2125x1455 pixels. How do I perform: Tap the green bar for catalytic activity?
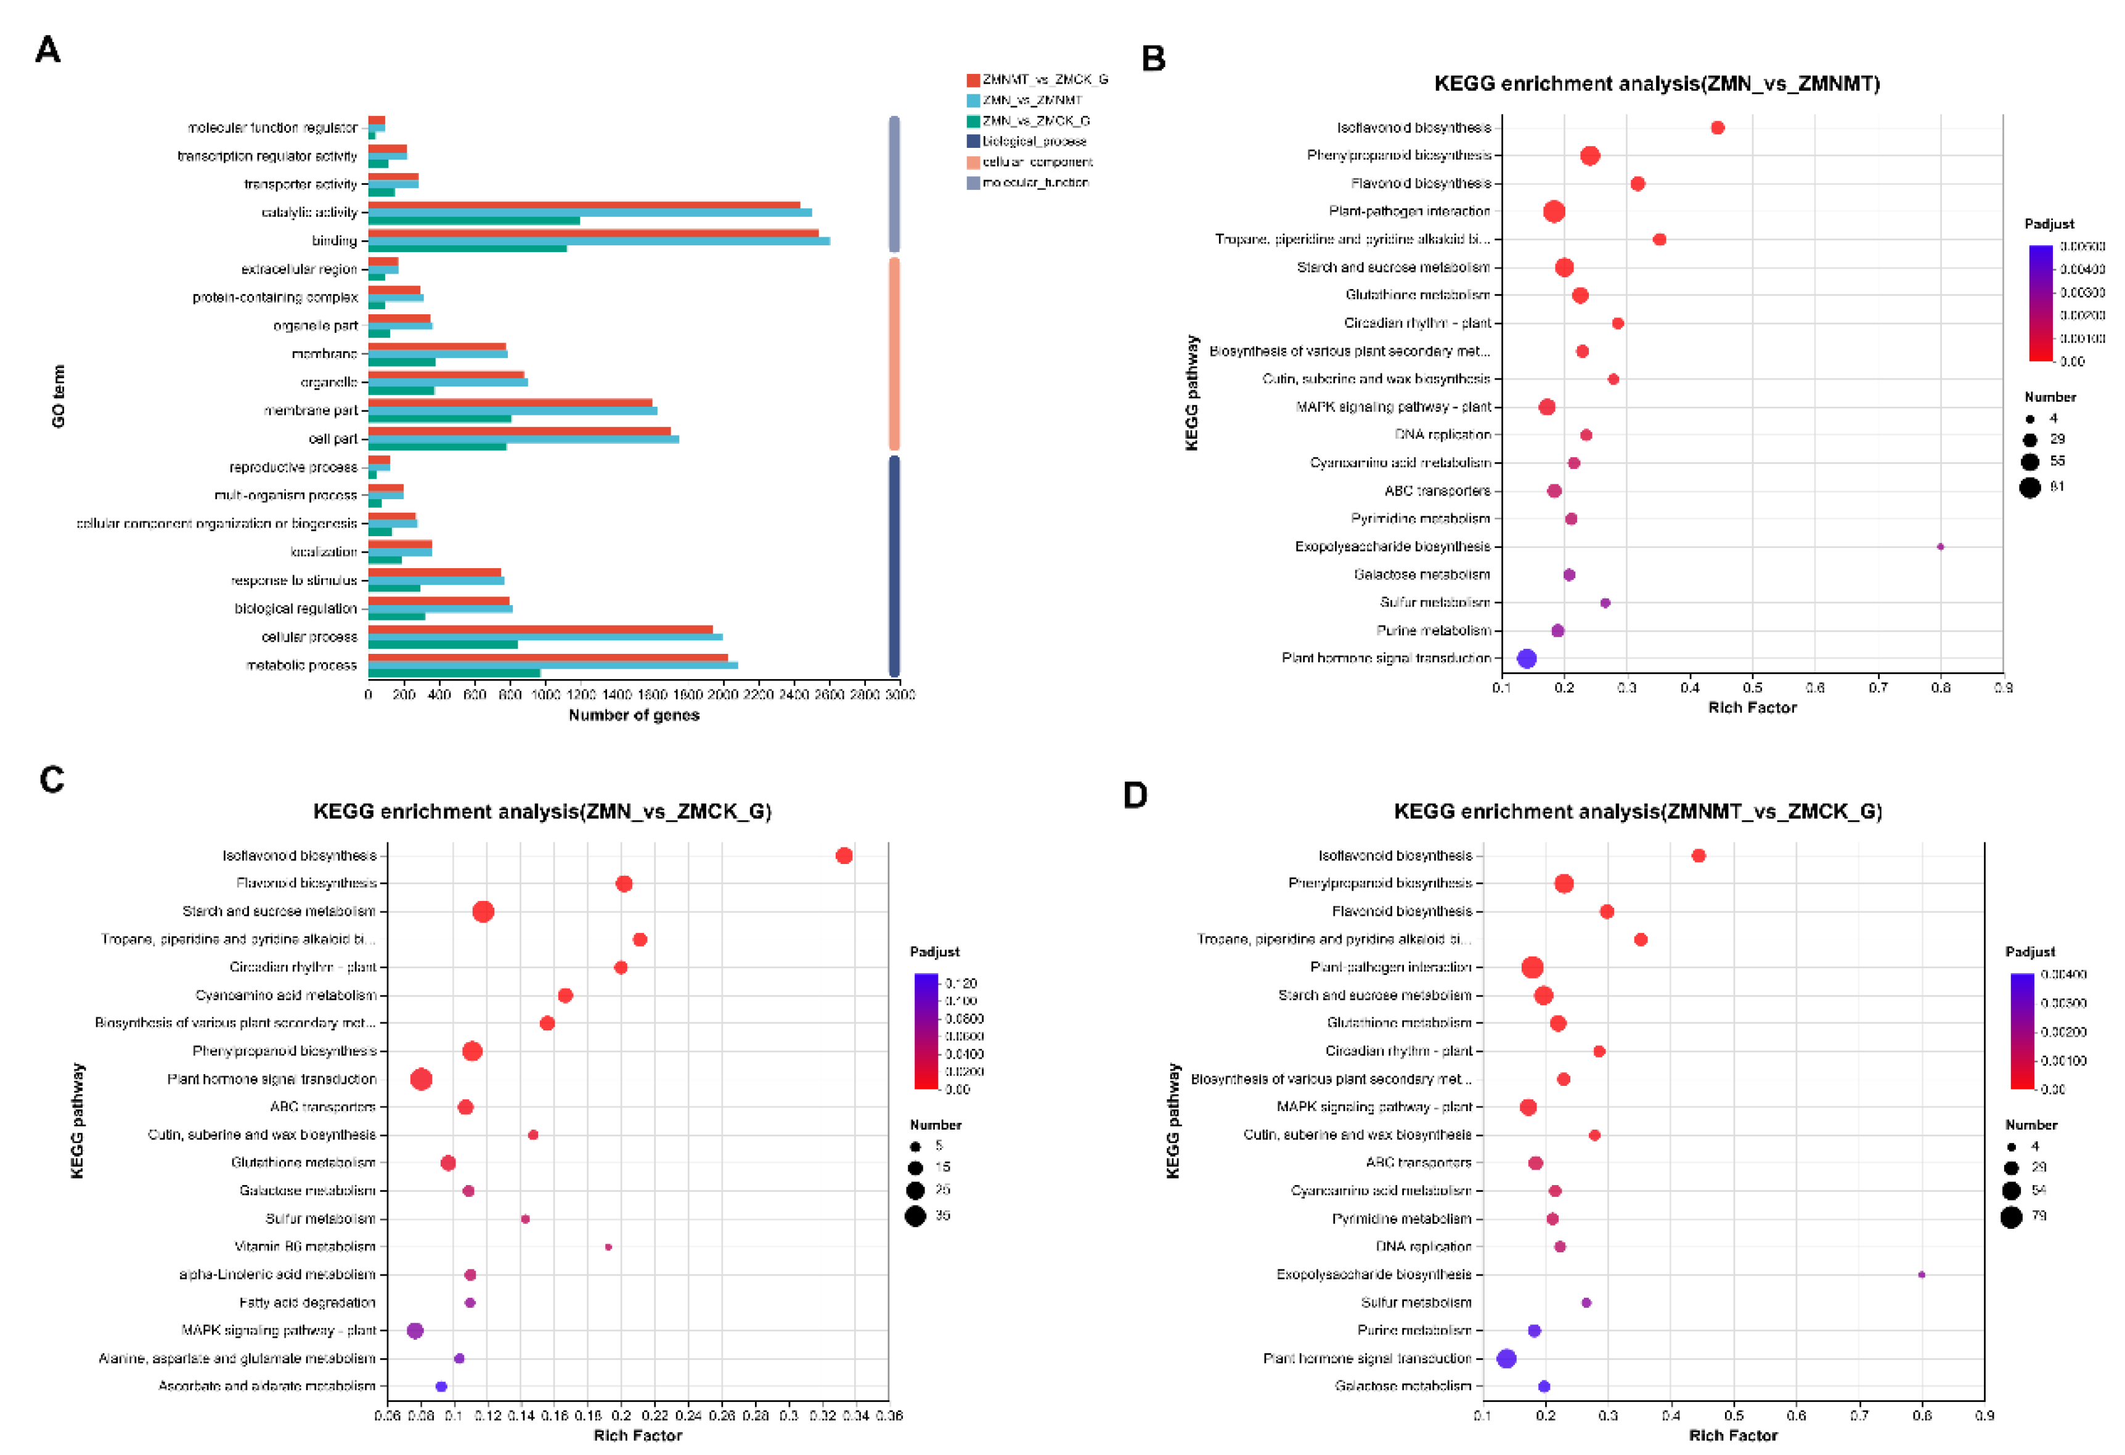coord(474,221)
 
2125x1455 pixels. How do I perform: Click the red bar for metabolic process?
coord(548,658)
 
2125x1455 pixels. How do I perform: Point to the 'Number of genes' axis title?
coord(634,715)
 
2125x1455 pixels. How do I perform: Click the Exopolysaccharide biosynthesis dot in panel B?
coord(1939,547)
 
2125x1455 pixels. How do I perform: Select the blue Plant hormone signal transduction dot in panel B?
coord(1526,658)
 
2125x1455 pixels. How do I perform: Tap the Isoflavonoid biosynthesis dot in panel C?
coord(844,856)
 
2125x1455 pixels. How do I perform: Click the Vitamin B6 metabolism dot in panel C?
coord(608,1247)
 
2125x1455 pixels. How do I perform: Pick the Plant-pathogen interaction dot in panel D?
coord(1533,968)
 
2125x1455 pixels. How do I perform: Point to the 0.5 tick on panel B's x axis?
coord(1752,688)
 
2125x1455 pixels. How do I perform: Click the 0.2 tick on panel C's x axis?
coord(621,1416)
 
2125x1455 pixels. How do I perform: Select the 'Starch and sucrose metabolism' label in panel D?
coord(1374,995)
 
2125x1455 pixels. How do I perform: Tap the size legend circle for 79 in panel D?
coord(2011,1217)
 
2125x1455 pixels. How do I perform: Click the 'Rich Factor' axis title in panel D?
coord(1733,1436)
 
